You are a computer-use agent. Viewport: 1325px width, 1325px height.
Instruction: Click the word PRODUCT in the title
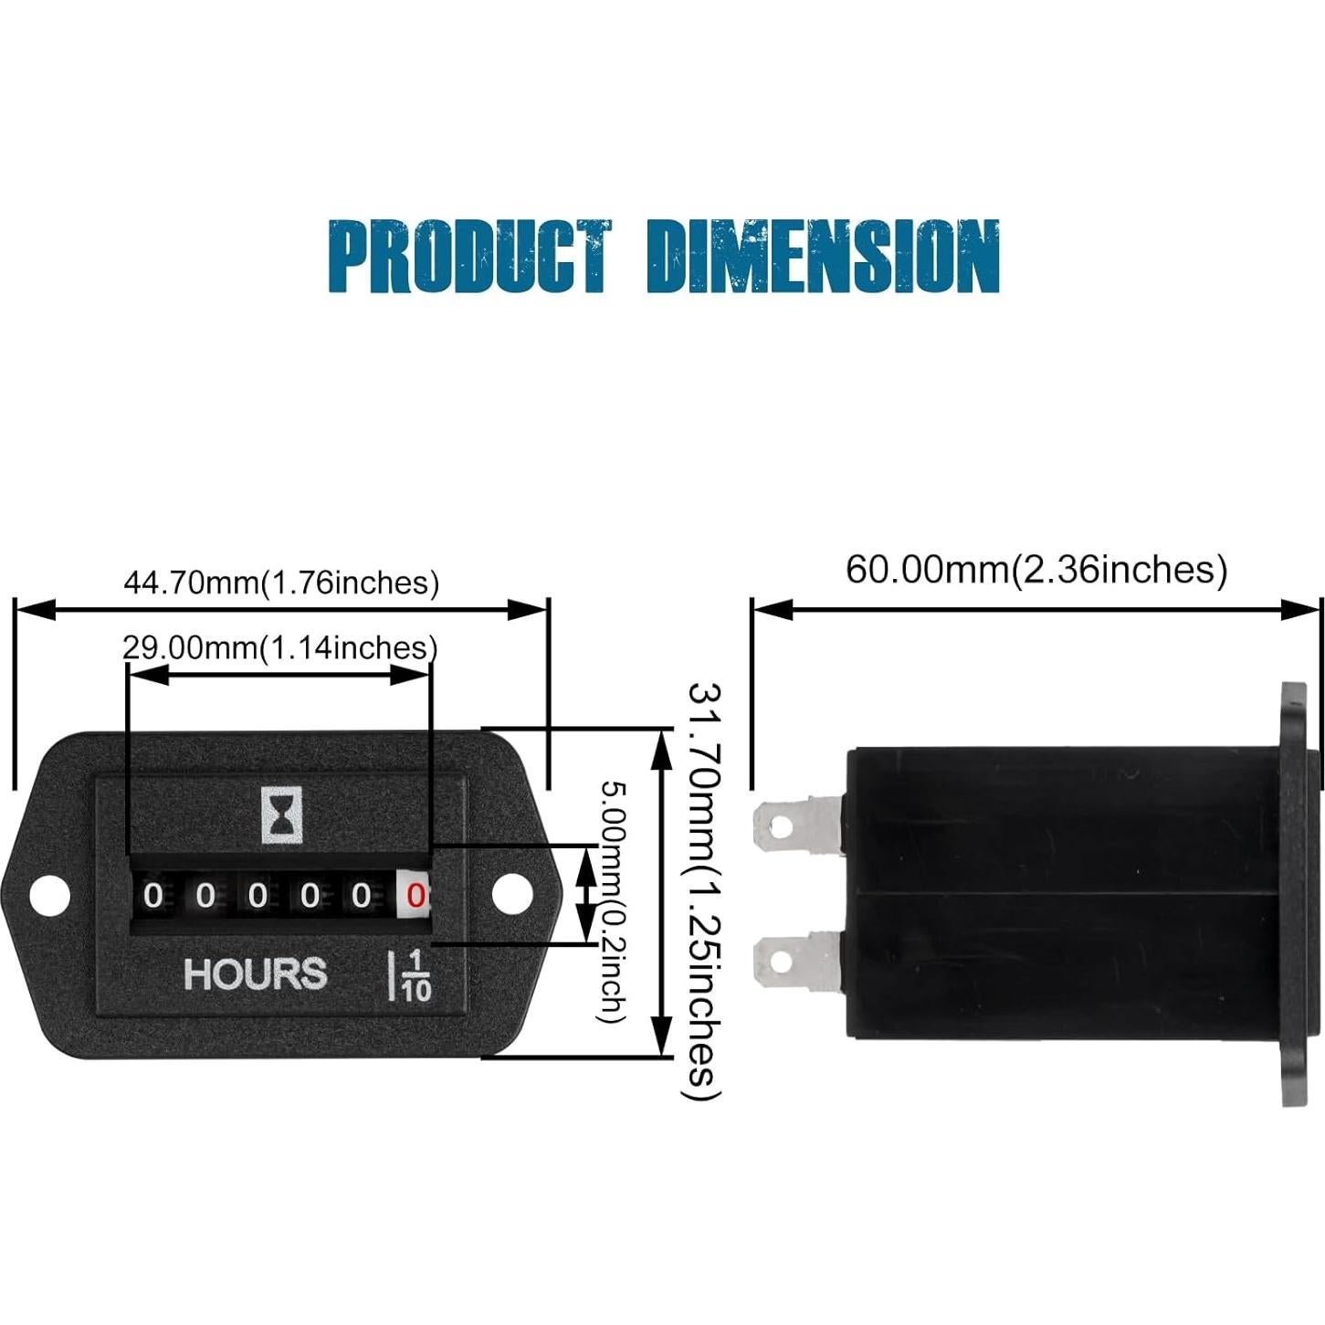pos(468,257)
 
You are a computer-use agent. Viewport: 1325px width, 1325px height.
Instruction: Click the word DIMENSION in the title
pos(823,257)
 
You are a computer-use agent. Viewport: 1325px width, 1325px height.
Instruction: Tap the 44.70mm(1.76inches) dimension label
pos(280,583)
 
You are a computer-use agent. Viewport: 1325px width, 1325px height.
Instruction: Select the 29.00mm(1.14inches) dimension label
pos(279,647)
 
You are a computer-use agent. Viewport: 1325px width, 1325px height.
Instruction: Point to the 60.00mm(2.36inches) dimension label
pos(1036,569)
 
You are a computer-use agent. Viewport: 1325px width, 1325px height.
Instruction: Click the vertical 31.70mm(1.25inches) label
pos(704,890)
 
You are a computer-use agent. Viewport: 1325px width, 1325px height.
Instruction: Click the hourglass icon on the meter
pos(282,815)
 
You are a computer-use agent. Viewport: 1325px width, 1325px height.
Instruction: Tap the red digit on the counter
pos(415,896)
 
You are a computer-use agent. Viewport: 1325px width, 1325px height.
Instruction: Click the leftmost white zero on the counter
pos(153,896)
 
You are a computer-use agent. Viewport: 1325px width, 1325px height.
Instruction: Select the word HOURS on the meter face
pos(255,974)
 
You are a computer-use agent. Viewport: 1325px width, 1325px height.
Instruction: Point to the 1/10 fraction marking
pos(415,975)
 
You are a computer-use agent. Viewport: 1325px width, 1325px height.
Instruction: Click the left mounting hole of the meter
pos(49,895)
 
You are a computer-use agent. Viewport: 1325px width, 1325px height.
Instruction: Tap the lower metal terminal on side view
pos(794,960)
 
